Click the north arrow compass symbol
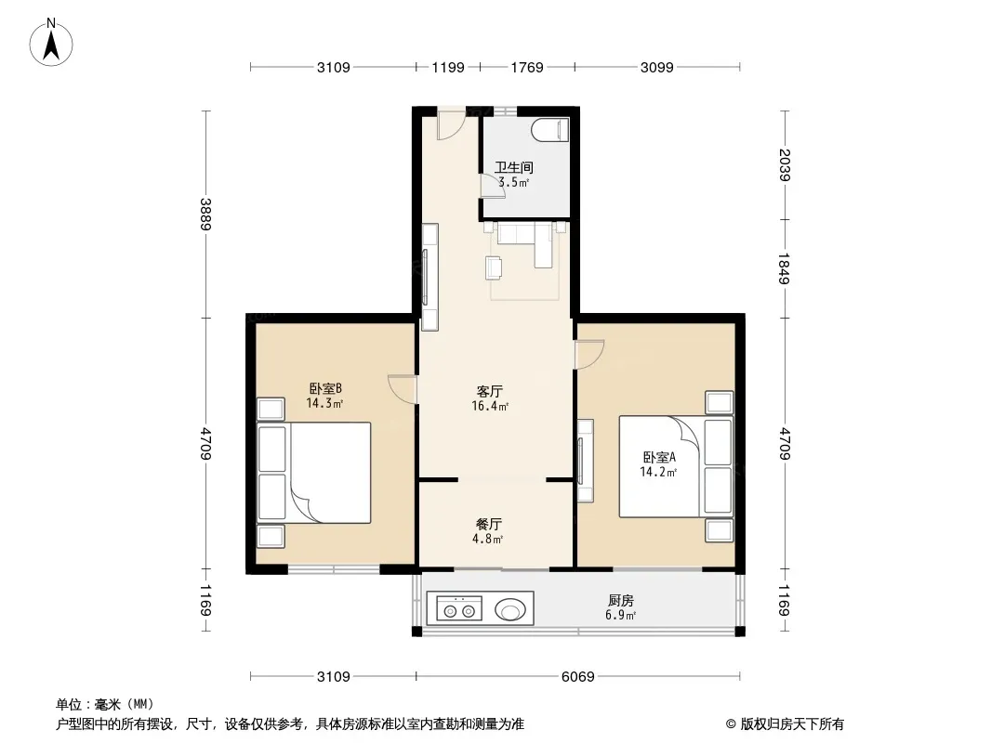tap(51, 43)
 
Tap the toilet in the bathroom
tap(550, 131)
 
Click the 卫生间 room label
tap(514, 167)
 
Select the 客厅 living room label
tap(490, 391)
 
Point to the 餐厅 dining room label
tap(489, 525)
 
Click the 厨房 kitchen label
tap(621, 600)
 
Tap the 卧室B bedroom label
tap(325, 388)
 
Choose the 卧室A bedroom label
tap(659, 457)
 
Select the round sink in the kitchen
tap(510, 610)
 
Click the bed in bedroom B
tap(314, 473)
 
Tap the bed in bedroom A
tap(676, 466)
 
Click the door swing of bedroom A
tap(589, 354)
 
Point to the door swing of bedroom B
tap(402, 389)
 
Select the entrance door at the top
tap(452, 125)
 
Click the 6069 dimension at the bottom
tap(577, 677)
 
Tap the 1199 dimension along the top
tap(448, 67)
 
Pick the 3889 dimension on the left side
tap(205, 214)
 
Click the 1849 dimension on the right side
tap(784, 268)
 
